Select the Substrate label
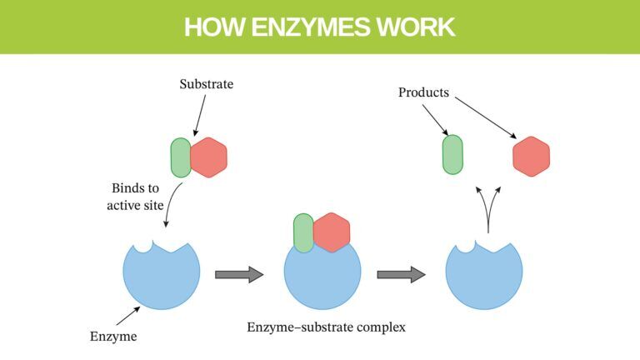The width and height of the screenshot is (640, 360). pyautogui.click(x=207, y=84)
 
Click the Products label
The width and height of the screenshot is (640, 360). pyautogui.click(x=423, y=92)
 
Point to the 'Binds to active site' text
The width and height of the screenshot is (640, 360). pyautogui.click(x=135, y=197)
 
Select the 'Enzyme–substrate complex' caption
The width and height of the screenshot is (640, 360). pyautogui.click(x=326, y=327)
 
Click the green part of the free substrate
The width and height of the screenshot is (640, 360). pyautogui.click(x=180, y=157)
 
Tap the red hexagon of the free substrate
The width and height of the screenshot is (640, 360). pyautogui.click(x=208, y=157)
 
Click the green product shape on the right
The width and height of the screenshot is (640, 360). pyautogui.click(x=452, y=154)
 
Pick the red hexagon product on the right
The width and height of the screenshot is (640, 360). pyautogui.click(x=531, y=157)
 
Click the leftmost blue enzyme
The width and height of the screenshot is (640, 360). pyautogui.click(x=162, y=275)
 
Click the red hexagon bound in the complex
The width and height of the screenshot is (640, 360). pyautogui.click(x=332, y=232)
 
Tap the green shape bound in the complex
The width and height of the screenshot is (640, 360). pyautogui.click(x=302, y=233)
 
